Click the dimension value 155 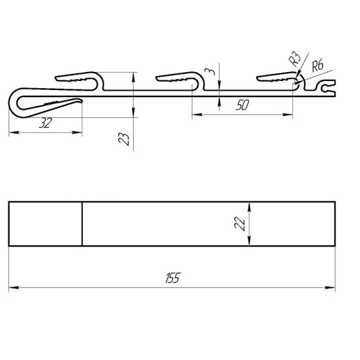tap(173, 278)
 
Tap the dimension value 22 tap(239, 224)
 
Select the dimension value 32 tap(46, 123)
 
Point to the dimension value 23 tap(124, 139)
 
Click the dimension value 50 tap(242, 106)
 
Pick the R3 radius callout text tap(295, 59)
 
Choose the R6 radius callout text tap(317, 65)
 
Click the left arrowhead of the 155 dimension tap(14, 287)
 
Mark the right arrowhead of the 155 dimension tap(330, 287)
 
